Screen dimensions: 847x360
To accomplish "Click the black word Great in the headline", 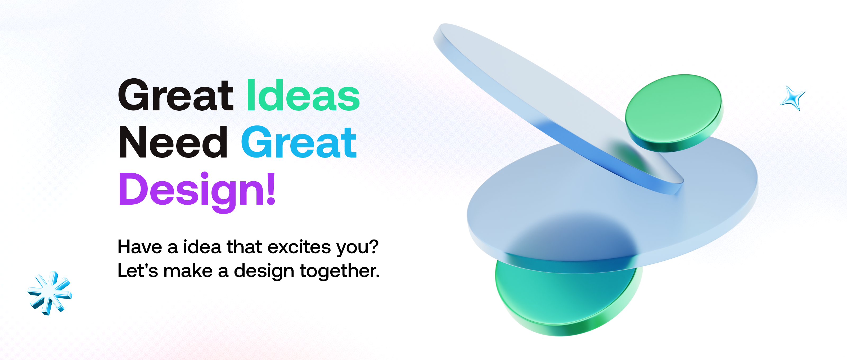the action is tap(176, 95).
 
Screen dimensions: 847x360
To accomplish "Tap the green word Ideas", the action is tap(303, 95).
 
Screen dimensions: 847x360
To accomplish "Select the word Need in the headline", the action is tap(173, 142).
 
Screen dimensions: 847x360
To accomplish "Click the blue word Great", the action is tap(299, 142).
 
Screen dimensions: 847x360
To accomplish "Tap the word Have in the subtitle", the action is tap(140, 247).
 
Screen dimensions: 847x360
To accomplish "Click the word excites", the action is tap(299, 247).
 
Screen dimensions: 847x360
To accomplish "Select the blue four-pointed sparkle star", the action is tap(793, 98).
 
